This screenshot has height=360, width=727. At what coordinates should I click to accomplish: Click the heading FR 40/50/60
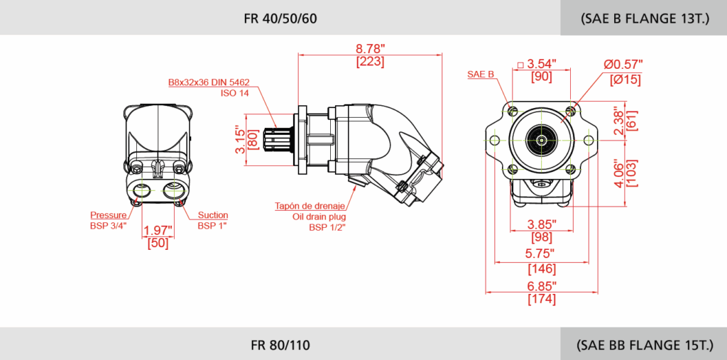tap(280, 18)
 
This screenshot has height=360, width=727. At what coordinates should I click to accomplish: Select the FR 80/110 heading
tap(280, 346)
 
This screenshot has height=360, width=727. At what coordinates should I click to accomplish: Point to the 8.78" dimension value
tap(370, 49)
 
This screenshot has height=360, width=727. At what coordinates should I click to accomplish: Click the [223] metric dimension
tap(370, 62)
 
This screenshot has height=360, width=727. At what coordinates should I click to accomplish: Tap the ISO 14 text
tap(234, 93)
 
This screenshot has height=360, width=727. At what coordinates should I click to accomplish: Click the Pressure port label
tap(109, 215)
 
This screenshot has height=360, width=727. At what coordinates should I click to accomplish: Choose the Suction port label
tap(213, 215)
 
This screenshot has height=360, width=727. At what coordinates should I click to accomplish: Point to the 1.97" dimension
tap(158, 230)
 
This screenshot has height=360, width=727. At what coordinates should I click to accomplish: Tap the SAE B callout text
tap(481, 75)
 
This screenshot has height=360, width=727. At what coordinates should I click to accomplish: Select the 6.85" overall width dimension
tap(542, 285)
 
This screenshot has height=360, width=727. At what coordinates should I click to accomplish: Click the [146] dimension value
tap(542, 269)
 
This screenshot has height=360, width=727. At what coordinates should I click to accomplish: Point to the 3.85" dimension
tap(542, 224)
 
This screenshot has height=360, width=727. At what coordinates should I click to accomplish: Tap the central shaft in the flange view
tap(542, 140)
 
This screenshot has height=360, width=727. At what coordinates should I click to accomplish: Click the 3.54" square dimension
tap(542, 65)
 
